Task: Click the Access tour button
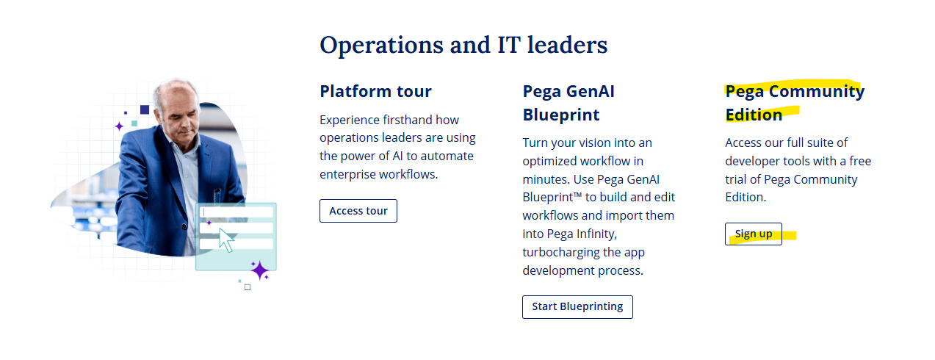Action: pyautogui.click(x=358, y=211)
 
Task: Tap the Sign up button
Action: pyautogui.click(x=754, y=234)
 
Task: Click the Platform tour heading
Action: pyautogui.click(x=375, y=91)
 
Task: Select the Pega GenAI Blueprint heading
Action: pyautogui.click(x=568, y=103)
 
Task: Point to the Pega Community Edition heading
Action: pyautogui.click(x=795, y=103)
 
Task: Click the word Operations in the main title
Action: pyautogui.click(x=381, y=46)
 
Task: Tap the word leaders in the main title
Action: pyautogui.click(x=567, y=45)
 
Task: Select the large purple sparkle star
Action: pyautogui.click(x=259, y=270)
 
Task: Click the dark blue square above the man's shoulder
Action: pyautogui.click(x=145, y=109)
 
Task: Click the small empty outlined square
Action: pyautogui.click(x=248, y=287)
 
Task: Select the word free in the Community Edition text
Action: pyautogui.click(x=860, y=161)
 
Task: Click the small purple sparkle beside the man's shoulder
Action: pyautogui.click(x=120, y=126)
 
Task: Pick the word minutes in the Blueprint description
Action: pyautogui.click(x=546, y=179)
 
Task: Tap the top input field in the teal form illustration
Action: pyautogui.click(x=237, y=212)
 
